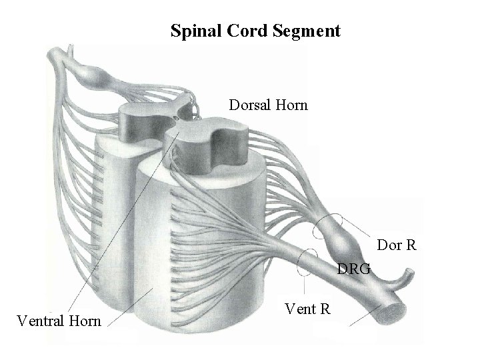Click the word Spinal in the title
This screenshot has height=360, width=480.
tap(194, 31)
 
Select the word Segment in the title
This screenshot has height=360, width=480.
tap(307, 31)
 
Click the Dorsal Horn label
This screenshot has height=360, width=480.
tap(268, 105)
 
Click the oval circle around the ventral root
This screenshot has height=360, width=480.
tap(308, 261)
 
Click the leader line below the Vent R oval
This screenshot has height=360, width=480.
tap(305, 287)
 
